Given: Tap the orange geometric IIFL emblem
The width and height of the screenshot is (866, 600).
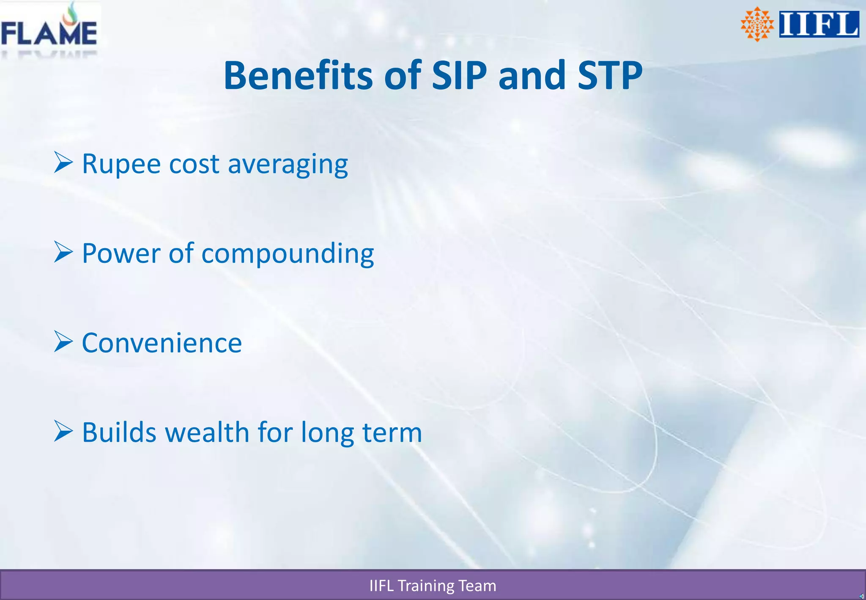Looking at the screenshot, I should pyautogui.click(x=757, y=24).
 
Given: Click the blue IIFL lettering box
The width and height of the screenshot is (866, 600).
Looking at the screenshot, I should pyautogui.click(x=819, y=24).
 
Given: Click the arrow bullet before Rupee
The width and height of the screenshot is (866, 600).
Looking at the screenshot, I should pyautogui.click(x=63, y=162).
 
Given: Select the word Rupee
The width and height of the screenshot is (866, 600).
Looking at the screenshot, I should pyautogui.click(x=121, y=164).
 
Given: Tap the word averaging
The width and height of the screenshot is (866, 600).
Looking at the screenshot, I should pyautogui.click(x=288, y=165).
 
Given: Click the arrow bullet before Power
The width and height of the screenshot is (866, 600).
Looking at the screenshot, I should pyautogui.click(x=63, y=252).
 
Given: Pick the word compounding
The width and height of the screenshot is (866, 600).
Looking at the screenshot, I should pyautogui.click(x=288, y=255).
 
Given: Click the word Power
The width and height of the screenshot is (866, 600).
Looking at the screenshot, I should pyautogui.click(x=121, y=253).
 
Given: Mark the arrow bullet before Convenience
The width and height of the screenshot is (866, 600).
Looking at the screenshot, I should pyautogui.click(x=63, y=342).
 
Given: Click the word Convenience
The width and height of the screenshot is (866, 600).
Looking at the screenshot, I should pyautogui.click(x=162, y=343).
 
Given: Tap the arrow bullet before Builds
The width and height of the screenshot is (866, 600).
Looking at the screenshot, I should pyautogui.click(x=63, y=432).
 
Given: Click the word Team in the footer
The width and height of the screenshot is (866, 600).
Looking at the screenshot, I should pyautogui.click(x=477, y=586).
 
